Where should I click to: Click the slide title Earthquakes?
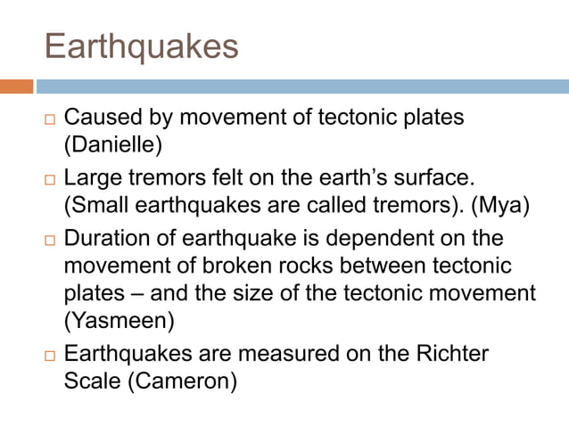[x=141, y=47]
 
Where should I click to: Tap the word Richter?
[x=453, y=353]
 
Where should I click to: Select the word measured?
[x=272, y=353]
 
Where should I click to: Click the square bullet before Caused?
[x=49, y=119]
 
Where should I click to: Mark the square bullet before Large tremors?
[x=49, y=181]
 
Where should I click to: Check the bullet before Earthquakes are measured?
[x=49, y=356]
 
